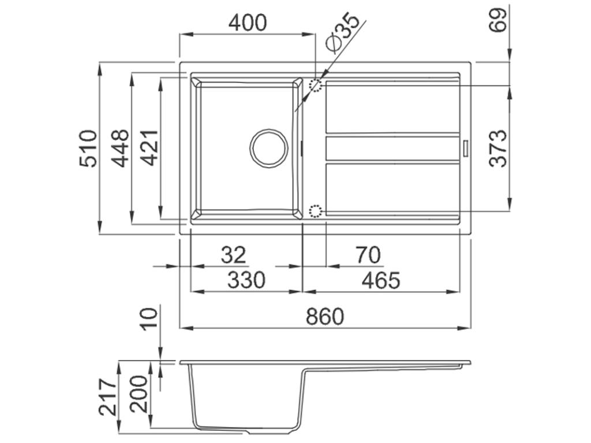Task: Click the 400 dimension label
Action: [x=248, y=22]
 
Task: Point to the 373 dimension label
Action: [x=498, y=148]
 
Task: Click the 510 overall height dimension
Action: [x=88, y=148]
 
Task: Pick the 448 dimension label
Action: [x=121, y=148]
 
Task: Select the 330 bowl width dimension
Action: [x=246, y=280]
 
